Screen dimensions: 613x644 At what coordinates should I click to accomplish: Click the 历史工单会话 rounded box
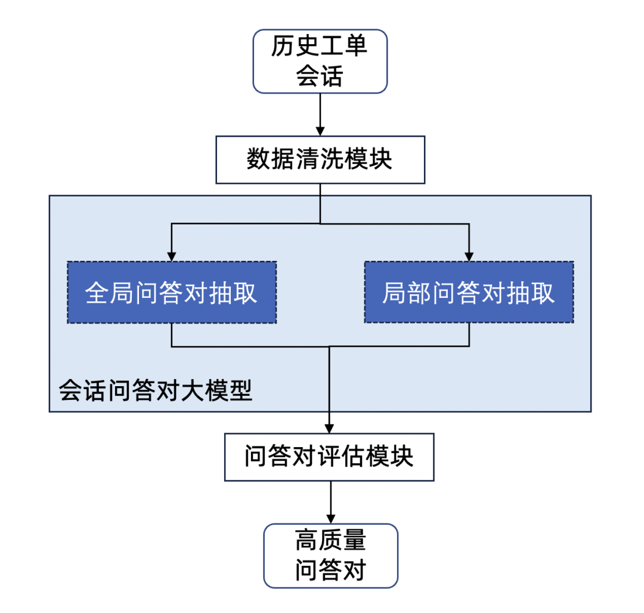pyautogui.click(x=320, y=62)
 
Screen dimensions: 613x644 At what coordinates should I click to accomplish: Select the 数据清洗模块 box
pyautogui.click(x=320, y=160)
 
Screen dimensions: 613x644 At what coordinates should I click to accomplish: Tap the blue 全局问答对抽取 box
pyautogui.click(x=172, y=292)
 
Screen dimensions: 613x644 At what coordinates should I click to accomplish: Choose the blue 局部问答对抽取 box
pyautogui.click(x=469, y=292)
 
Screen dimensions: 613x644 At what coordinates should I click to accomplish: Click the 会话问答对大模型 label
pyautogui.click(x=156, y=391)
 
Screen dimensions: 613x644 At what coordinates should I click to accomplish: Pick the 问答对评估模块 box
pyautogui.click(x=329, y=457)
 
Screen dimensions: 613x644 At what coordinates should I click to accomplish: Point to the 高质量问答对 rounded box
pyautogui.click(x=330, y=556)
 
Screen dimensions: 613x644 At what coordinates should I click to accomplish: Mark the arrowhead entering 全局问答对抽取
pyautogui.click(x=172, y=255)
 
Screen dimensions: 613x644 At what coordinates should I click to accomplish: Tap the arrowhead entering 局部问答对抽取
pyautogui.click(x=469, y=255)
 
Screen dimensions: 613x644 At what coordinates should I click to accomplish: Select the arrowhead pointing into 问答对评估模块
pyautogui.click(x=329, y=428)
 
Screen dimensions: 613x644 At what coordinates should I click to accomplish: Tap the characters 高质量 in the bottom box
pyautogui.click(x=330, y=540)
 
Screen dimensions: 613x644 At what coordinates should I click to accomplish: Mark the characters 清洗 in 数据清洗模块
pyautogui.click(x=320, y=160)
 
